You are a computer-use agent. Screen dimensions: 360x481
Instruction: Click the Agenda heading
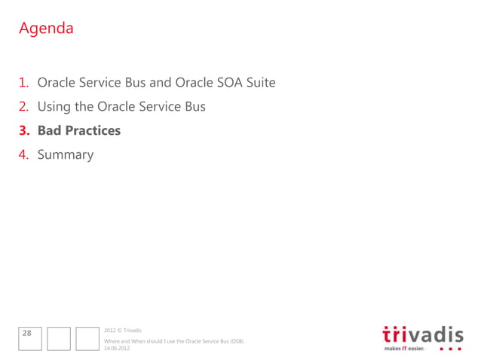coord(46,29)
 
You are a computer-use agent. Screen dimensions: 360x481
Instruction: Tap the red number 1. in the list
coord(25,82)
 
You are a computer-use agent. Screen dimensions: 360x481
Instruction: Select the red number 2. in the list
coord(25,106)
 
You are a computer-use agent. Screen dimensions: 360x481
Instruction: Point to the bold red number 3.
coord(25,130)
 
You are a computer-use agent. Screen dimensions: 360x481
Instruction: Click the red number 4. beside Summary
coord(25,154)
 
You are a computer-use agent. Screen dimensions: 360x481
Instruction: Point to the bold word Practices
coord(93,130)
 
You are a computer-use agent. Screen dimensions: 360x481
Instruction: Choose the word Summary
coord(66,154)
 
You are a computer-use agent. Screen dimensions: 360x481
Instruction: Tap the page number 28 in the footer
coord(27,332)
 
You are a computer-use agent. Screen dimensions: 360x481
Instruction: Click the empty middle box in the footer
coord(58,338)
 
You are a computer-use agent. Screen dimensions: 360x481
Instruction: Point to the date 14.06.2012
coord(117,348)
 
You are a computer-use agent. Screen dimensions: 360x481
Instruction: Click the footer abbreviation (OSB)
coord(236,341)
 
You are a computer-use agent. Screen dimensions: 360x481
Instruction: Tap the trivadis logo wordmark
coord(423,333)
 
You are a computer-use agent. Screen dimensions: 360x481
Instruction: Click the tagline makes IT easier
coord(404,349)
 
